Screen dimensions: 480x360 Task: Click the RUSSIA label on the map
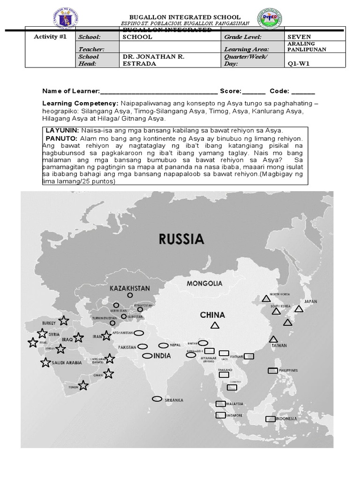pos(181,240)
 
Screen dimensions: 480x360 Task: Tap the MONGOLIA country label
pos(204,284)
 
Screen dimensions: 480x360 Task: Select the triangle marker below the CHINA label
pos(215,325)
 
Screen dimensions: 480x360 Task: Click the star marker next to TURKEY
pos(64,321)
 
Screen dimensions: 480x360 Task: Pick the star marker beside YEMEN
pos(83,385)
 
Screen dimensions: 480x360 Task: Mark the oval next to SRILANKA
pos(157,399)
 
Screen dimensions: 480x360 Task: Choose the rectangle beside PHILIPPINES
pos(272,370)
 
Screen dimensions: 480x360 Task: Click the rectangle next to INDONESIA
pos(270,419)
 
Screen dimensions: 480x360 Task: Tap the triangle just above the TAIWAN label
pos(273,339)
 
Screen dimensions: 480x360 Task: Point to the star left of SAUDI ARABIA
pos(45,362)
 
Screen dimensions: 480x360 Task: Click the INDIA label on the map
pos(162,356)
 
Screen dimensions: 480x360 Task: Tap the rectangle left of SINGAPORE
pos(220,415)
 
